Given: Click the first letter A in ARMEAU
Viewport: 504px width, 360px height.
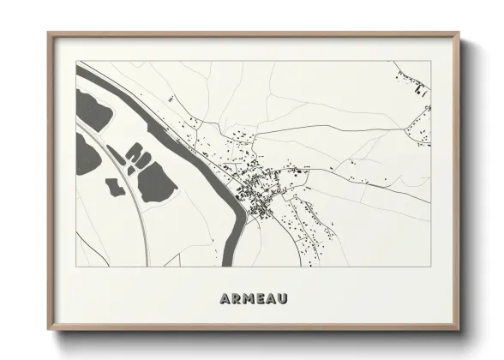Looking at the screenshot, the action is (225, 298).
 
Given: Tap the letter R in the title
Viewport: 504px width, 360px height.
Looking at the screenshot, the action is (236, 298).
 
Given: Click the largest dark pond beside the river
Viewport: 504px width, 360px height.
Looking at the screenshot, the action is (157, 183).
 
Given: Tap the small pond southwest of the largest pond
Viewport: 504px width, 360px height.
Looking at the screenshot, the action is (114, 186).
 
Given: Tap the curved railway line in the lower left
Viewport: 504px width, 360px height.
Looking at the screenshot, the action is (137, 214).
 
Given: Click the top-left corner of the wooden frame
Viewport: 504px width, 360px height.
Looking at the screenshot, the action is (50, 35).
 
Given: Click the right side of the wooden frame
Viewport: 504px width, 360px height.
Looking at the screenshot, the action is (457, 180).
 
